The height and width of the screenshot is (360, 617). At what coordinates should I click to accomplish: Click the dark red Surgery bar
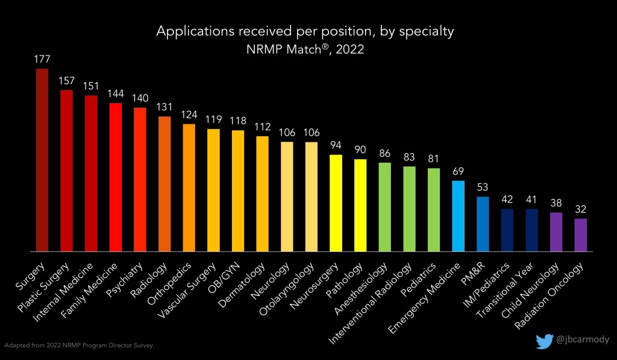point(42,160)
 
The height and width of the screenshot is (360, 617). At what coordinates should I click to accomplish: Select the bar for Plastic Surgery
point(66,171)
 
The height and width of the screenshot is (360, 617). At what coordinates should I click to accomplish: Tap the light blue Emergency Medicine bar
point(458,216)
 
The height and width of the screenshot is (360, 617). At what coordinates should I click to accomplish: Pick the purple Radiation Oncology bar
point(581,235)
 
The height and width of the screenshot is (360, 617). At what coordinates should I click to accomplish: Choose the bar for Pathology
point(360,205)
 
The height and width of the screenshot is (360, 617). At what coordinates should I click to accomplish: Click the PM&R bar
point(483,224)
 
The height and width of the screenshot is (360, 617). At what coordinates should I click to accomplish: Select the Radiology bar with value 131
point(164,184)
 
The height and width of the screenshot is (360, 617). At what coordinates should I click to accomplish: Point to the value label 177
point(42,59)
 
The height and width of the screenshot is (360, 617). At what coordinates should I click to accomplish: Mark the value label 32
point(581,210)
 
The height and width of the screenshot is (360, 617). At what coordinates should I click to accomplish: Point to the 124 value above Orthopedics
point(189,115)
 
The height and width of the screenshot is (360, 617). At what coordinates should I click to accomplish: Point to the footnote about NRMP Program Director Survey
point(80,346)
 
